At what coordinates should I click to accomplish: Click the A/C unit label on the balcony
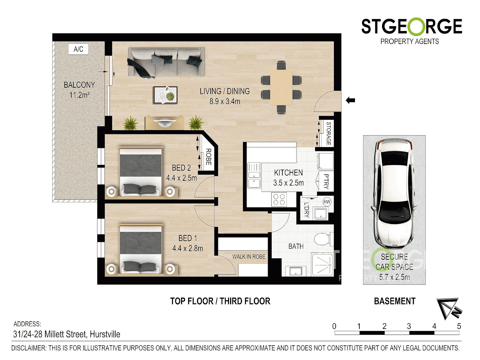coord(79,49)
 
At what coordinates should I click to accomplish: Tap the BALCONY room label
coord(79,85)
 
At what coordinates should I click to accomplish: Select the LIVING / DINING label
coord(225,91)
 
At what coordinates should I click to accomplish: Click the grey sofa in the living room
coord(166,62)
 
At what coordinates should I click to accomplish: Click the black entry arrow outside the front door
coord(350,100)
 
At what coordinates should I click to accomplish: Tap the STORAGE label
coord(328,133)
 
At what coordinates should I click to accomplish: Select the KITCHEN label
coord(288,173)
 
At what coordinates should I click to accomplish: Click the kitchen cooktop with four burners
coord(279,199)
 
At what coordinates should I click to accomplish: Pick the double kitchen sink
coord(254,175)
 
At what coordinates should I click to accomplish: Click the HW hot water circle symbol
coord(327,202)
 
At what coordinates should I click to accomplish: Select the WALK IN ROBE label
coord(249,257)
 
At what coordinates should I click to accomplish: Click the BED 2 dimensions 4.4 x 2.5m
coord(182,178)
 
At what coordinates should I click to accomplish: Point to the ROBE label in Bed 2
coord(209,157)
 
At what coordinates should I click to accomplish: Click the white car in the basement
coord(394,193)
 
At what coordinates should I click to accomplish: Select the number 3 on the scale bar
coord(409,326)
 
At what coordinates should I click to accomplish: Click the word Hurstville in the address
coord(105,334)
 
